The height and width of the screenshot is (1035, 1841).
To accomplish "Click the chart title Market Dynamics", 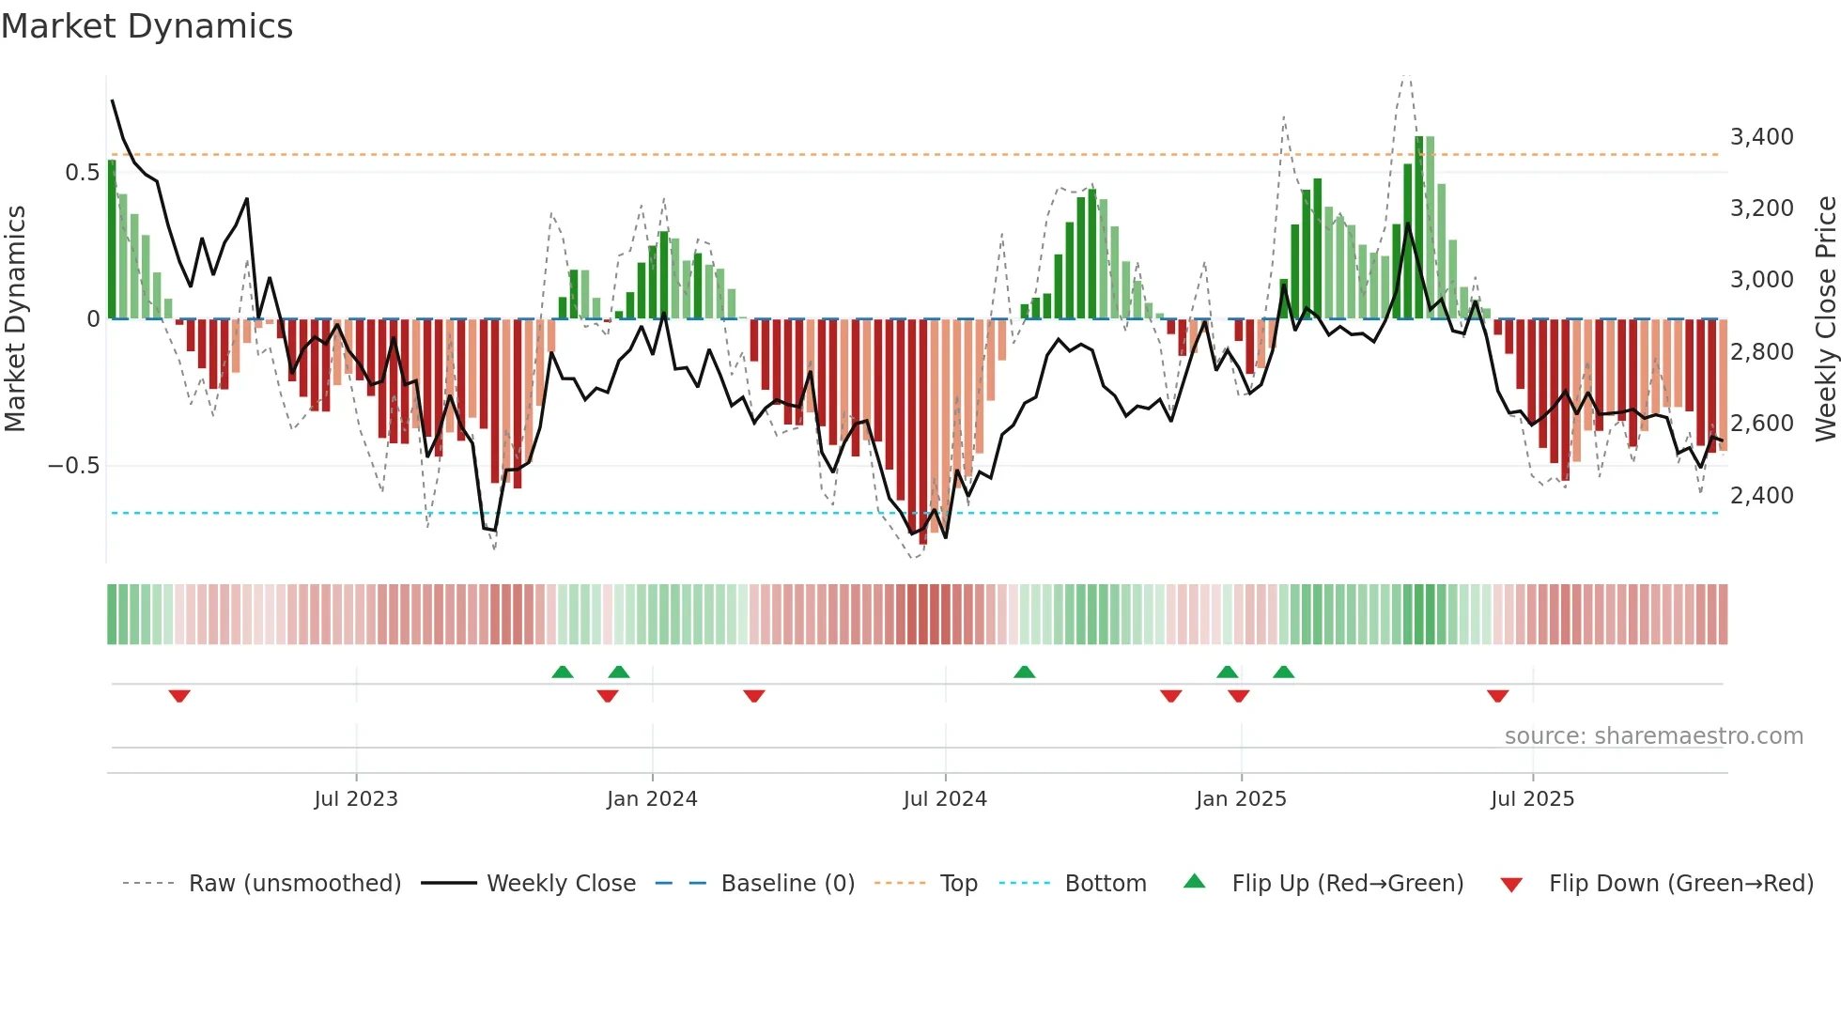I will [147, 26].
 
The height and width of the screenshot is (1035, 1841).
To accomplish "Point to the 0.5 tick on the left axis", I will [82, 173].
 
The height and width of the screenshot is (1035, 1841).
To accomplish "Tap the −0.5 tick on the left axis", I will [74, 466].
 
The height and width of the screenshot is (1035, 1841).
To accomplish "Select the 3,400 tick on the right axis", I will [1761, 137].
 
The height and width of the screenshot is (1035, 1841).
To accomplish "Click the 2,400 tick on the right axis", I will [1761, 495].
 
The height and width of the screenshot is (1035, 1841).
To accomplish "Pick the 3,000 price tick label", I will [1761, 280].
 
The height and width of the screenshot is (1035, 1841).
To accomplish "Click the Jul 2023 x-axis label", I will [356, 799].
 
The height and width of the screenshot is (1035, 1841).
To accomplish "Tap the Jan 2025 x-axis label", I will [1241, 799].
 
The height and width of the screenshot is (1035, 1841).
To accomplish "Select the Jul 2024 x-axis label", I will [945, 799].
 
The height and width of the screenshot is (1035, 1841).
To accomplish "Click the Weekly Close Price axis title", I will [1825, 319].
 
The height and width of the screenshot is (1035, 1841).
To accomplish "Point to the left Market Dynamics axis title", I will [15, 319].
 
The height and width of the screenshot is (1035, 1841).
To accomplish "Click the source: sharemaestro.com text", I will [1653, 736].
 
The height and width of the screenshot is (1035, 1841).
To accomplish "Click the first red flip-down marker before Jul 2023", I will [179, 696].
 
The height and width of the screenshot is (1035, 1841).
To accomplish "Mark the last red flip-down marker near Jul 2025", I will [1497, 696].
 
